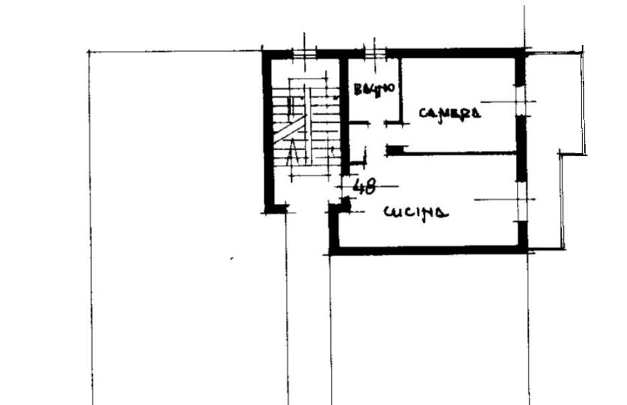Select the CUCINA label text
[416, 213]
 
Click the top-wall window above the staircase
[304, 52]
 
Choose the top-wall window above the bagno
[376, 52]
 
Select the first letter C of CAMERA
[421, 115]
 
